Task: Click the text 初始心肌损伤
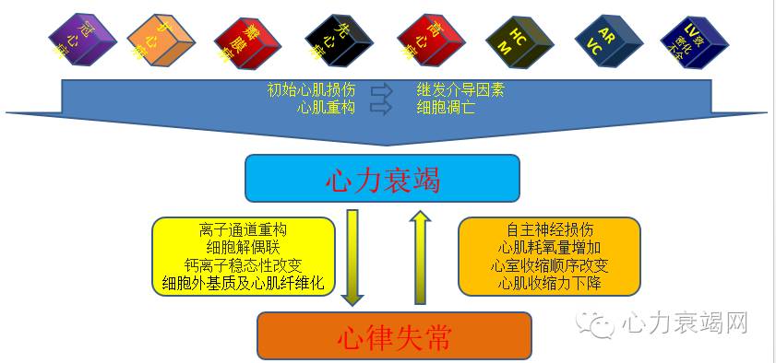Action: (x=311, y=90)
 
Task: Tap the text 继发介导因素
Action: (x=460, y=90)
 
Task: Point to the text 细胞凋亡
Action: (x=446, y=107)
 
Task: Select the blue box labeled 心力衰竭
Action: (x=382, y=178)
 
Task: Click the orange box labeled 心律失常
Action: (x=394, y=336)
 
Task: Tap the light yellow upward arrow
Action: (x=420, y=257)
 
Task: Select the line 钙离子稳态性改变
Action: (x=242, y=265)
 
